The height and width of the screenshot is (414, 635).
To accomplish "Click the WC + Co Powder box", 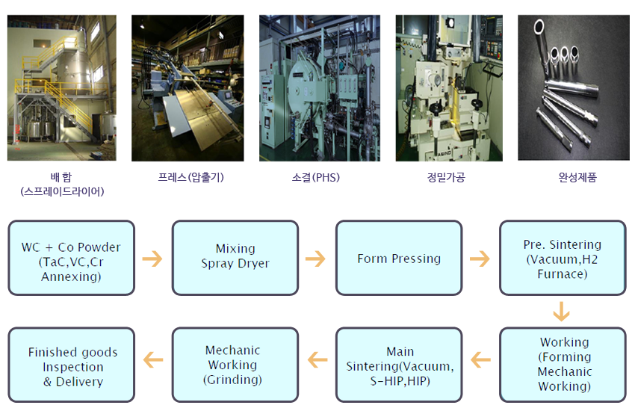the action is click(71, 258).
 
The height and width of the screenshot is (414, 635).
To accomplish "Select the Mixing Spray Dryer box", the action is click(235, 258).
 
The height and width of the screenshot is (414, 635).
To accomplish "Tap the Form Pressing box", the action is click(399, 258).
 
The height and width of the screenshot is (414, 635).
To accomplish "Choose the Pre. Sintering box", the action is click(563, 258).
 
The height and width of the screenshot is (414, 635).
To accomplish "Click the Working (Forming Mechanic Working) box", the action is click(563, 365).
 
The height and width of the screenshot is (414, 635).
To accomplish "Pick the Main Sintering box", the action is click(399, 365).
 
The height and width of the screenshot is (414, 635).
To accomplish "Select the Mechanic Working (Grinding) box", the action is click(235, 365).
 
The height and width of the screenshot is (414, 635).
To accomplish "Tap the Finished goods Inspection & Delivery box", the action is click(71, 365).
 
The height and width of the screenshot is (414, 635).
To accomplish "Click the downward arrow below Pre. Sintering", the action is click(561, 311).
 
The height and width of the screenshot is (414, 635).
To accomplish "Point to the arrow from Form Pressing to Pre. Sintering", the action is click(480, 259).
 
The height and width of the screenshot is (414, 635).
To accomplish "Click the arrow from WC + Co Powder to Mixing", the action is click(152, 259).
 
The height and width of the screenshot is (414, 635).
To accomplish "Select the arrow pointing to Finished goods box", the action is click(153, 359).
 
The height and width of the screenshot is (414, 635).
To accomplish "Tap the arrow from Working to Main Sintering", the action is click(480, 359).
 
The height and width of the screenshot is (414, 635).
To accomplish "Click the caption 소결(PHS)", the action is click(316, 177).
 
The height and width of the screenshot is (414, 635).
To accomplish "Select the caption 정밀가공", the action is click(446, 177).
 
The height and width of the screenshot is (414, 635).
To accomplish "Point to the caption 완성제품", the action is click(577, 177).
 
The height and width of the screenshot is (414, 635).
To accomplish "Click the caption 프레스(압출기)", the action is click(190, 177).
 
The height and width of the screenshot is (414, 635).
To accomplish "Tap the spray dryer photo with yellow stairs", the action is click(62, 88).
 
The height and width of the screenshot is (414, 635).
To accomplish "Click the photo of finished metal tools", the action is click(574, 88).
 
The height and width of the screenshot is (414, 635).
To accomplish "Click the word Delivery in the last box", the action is click(80, 382).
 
